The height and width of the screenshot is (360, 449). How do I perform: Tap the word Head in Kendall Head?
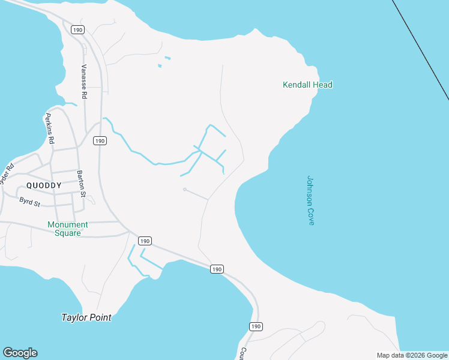[x=322, y=85]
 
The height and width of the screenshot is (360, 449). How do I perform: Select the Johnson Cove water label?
[x=310, y=200]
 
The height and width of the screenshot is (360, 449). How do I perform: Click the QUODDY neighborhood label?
[x=44, y=185]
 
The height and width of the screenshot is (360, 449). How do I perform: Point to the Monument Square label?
[x=68, y=229]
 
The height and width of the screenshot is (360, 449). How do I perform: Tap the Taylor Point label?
[x=86, y=317]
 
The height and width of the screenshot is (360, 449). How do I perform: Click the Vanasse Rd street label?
[x=84, y=81]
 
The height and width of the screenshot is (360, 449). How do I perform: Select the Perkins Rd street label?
[x=50, y=129]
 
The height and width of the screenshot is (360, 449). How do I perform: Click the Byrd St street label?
[x=29, y=202]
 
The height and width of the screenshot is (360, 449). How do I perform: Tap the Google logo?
[x=20, y=353]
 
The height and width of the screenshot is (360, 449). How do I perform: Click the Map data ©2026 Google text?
[x=412, y=355]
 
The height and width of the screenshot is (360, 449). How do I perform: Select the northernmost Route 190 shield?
[x=77, y=29]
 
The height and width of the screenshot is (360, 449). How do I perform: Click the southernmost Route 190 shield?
[x=256, y=326]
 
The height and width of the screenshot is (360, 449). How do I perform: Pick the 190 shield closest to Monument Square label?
[x=144, y=241]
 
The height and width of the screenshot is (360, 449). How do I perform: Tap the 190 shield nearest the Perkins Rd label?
[x=100, y=140]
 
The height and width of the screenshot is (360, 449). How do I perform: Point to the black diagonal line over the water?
[x=420, y=48]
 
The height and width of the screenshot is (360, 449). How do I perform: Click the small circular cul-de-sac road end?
[x=184, y=190]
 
